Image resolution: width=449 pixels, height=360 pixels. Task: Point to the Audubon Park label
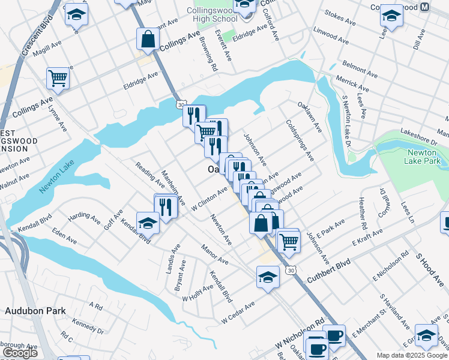(x=34, y=311)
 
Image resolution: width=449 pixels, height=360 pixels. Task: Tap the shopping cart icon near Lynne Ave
(x=58, y=77)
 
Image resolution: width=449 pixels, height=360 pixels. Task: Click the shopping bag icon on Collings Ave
(x=147, y=39)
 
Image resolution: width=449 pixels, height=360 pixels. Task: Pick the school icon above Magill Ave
(x=76, y=14)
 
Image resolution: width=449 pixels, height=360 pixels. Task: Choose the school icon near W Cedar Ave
(x=268, y=277)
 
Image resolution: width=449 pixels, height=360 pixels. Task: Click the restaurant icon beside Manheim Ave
(x=166, y=206)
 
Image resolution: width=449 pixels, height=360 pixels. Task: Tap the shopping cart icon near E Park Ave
(x=289, y=240)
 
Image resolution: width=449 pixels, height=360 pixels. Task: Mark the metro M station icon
(x=424, y=7)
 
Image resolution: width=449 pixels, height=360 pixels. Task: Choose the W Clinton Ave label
(x=209, y=198)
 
